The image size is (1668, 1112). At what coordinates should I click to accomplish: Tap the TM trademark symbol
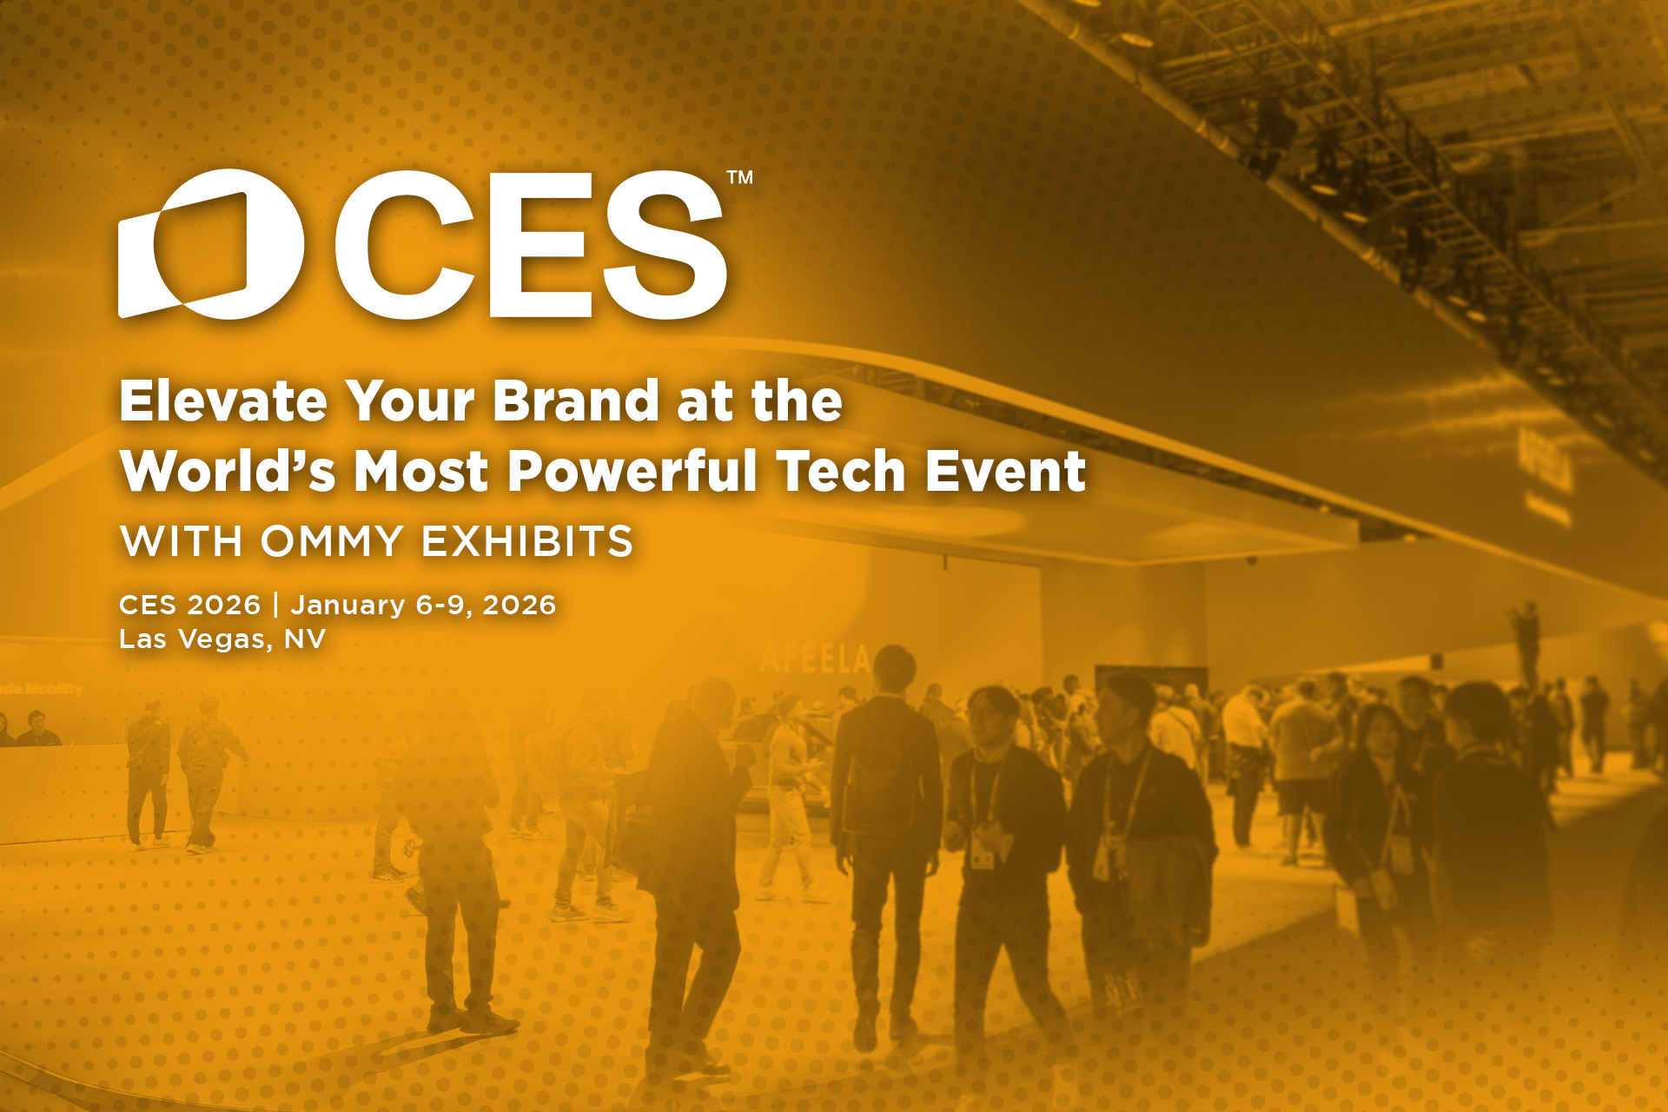click(739, 177)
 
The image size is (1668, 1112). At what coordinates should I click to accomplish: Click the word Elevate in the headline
click(223, 401)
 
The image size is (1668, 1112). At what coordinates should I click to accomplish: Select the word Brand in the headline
click(576, 401)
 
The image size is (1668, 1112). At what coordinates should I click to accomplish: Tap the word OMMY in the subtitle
click(332, 541)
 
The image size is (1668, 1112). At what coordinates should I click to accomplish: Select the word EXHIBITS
click(527, 541)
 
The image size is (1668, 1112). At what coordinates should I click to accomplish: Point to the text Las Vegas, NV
click(222, 639)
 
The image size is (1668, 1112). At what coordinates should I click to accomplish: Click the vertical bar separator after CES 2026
click(275, 605)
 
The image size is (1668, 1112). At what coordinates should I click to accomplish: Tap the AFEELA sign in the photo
click(815, 659)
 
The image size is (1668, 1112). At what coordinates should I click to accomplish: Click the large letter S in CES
click(665, 244)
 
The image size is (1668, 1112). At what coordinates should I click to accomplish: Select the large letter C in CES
click(404, 244)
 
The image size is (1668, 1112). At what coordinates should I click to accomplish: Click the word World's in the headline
click(228, 471)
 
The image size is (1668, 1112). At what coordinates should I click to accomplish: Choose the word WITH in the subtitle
click(181, 541)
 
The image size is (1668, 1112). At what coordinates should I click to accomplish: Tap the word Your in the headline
click(410, 401)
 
